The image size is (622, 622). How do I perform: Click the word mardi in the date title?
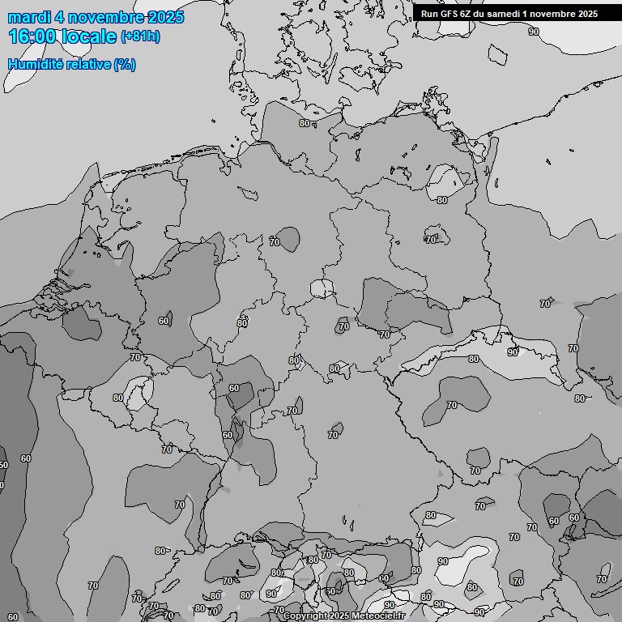[28, 17]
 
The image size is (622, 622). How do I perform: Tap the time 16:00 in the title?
[33, 36]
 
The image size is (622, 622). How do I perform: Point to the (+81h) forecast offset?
[141, 36]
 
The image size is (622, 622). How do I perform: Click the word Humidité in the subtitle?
[34, 64]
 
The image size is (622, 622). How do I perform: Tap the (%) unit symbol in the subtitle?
[125, 64]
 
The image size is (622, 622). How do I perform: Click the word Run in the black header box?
[429, 13]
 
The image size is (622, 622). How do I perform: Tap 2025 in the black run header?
[587, 13]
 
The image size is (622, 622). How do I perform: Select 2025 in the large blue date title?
[168, 17]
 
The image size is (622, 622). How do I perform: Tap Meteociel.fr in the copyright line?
[378, 616]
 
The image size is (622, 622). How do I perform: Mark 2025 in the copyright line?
[340, 616]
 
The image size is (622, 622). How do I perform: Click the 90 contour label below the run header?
[533, 32]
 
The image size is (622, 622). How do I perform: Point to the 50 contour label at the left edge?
[3, 465]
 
